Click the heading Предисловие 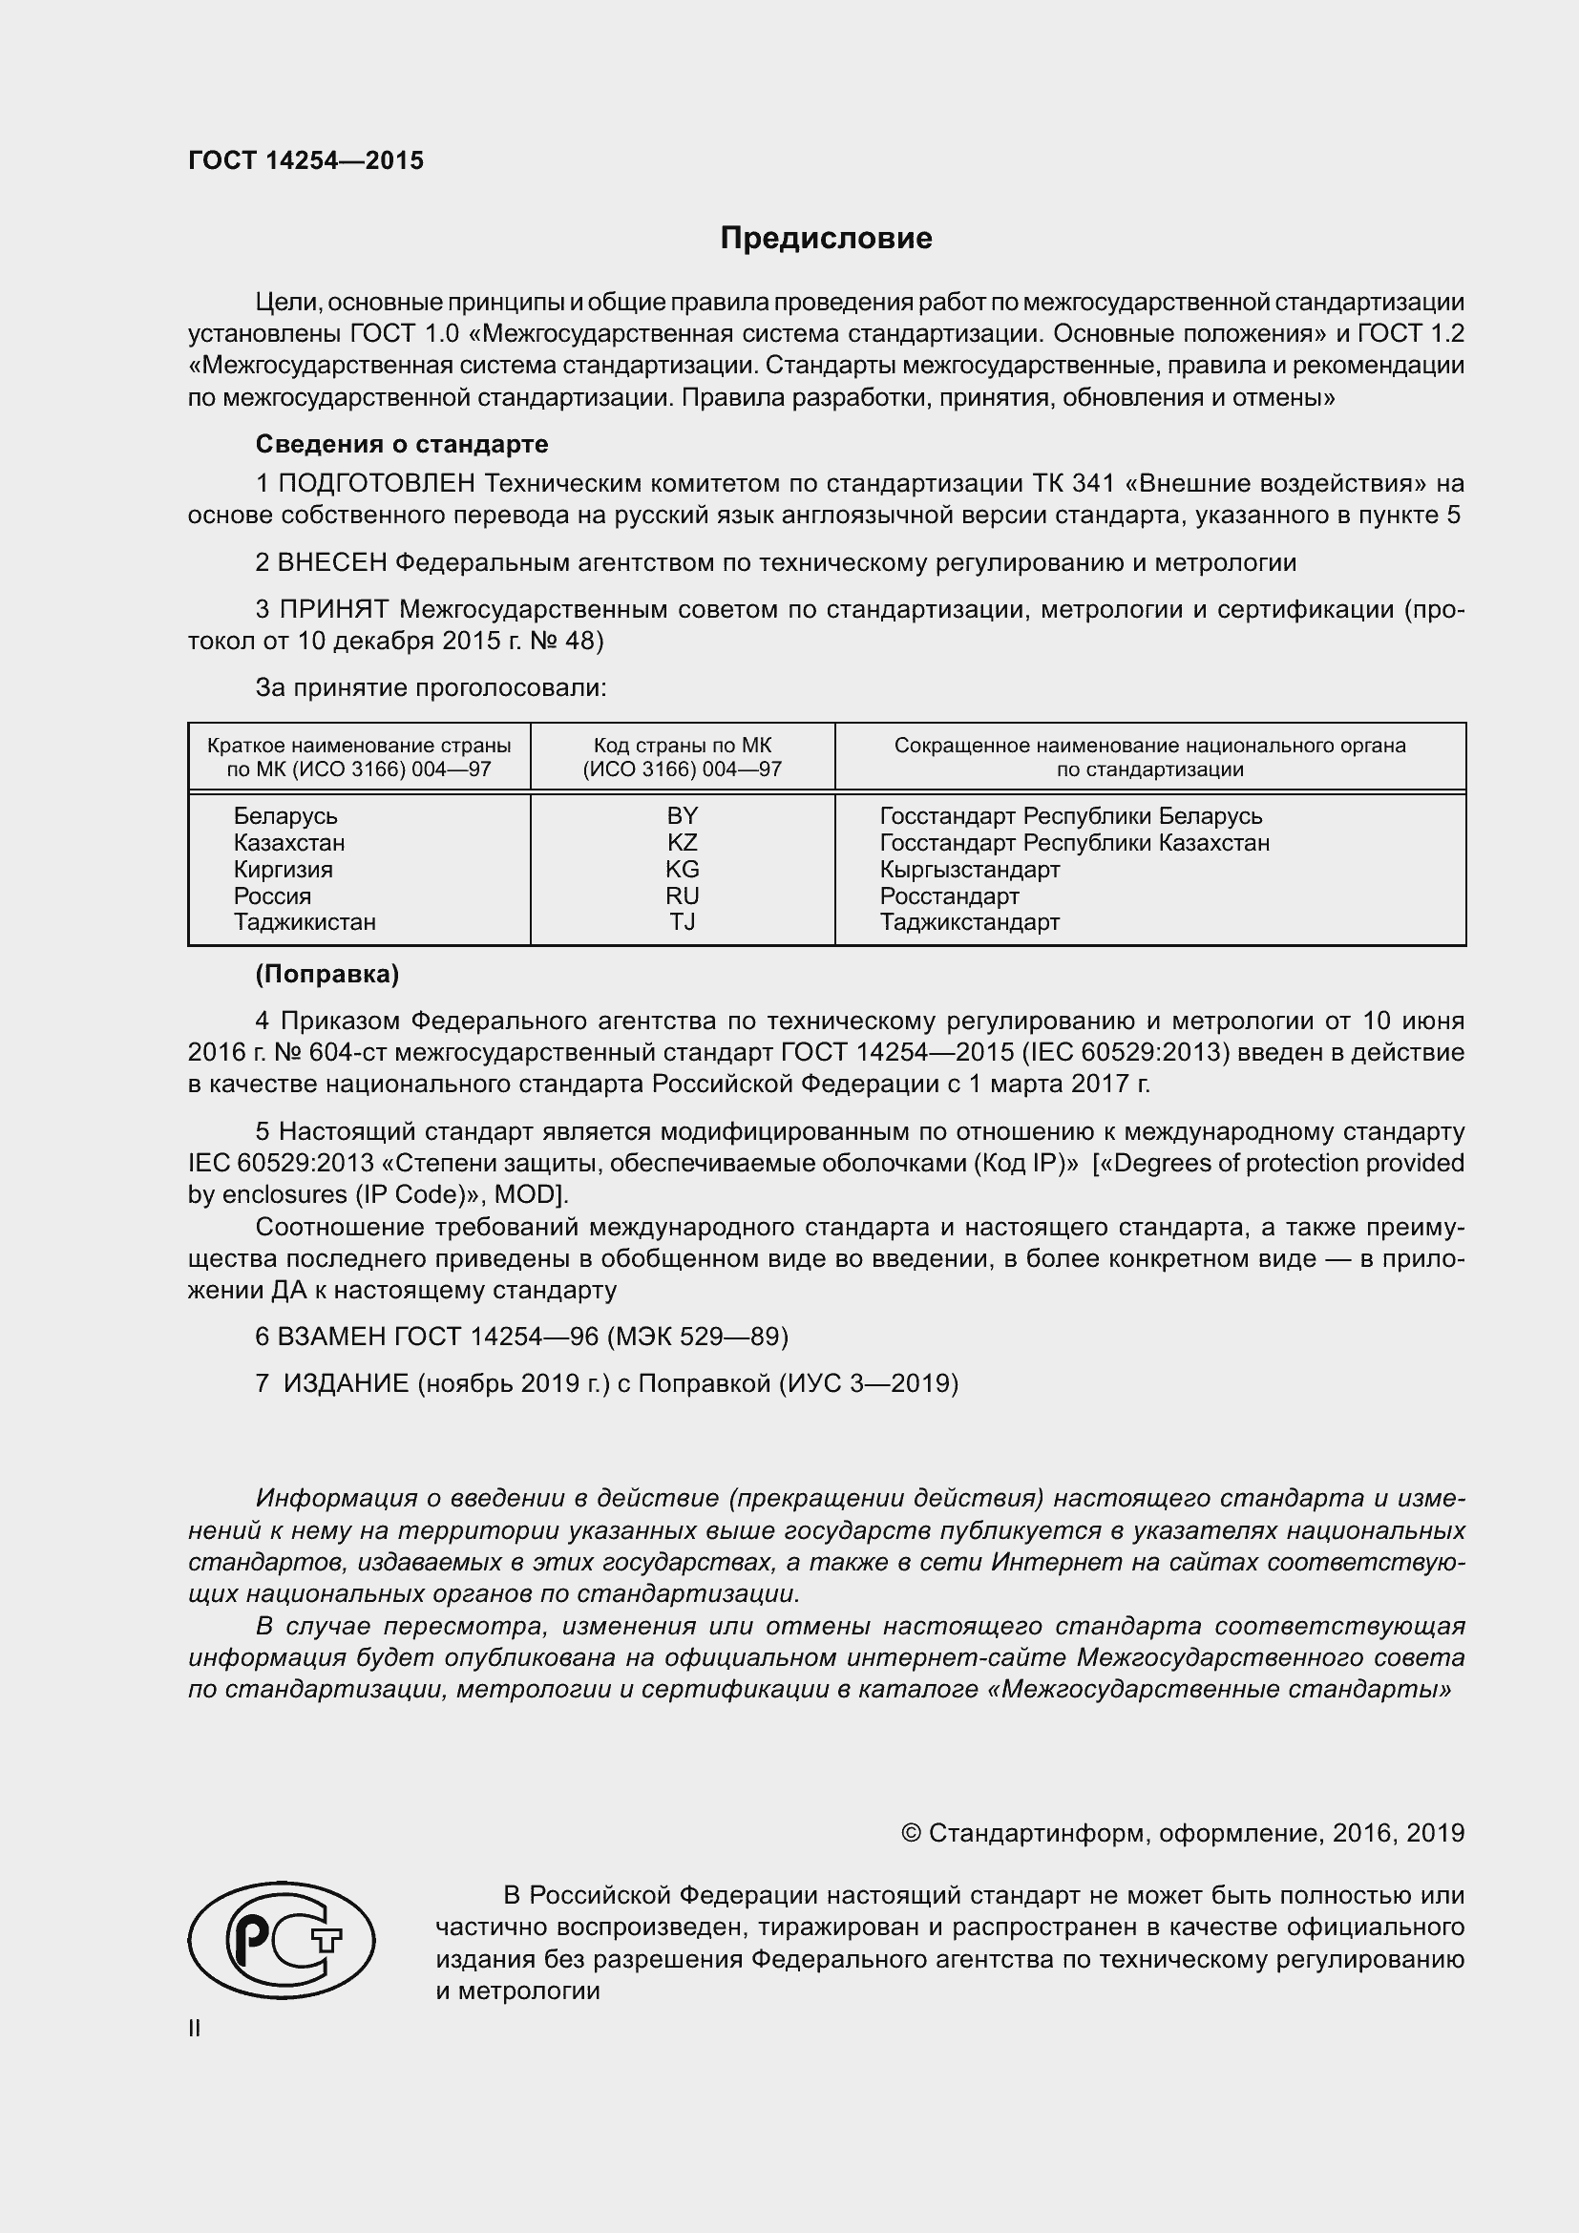[826, 239]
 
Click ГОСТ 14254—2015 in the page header [305, 161]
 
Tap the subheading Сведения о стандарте [402, 445]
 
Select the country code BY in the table [682, 816]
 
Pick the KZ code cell [682, 842]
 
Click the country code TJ [682, 922]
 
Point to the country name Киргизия [282, 870]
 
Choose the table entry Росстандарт [949, 895]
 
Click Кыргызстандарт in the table [969, 870]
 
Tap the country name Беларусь [284, 816]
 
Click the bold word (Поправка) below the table [326, 975]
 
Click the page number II [195, 2029]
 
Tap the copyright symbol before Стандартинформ [911, 1833]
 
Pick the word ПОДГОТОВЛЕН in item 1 [376, 483]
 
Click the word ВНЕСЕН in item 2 [332, 562]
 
